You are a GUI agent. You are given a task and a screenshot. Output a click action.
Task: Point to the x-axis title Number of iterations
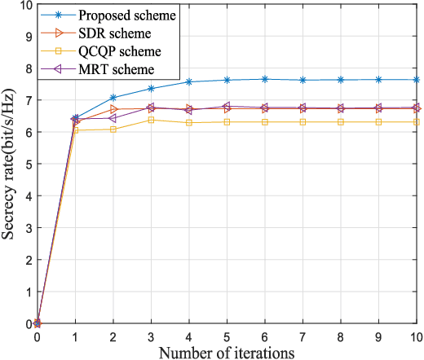click(x=227, y=352)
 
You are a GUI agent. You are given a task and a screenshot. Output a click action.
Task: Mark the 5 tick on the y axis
click(x=29, y=164)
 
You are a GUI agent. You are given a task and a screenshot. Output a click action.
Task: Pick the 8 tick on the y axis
click(x=29, y=68)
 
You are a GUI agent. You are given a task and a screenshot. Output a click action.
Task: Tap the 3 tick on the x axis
click(x=152, y=336)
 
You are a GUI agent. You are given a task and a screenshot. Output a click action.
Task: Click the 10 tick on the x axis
click(x=416, y=336)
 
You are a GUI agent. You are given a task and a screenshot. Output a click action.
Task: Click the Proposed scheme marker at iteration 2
click(x=113, y=98)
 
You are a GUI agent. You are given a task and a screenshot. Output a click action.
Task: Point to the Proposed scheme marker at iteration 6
click(x=265, y=79)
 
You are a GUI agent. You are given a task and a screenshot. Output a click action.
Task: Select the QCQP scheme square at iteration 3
click(x=152, y=120)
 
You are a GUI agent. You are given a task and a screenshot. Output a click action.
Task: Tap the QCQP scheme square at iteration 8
click(x=341, y=121)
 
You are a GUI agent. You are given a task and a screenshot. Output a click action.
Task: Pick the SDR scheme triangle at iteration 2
click(x=113, y=109)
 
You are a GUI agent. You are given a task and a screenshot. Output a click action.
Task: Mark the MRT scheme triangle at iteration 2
click(x=113, y=118)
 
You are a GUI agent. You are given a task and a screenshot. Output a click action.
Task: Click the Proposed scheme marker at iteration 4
click(x=189, y=82)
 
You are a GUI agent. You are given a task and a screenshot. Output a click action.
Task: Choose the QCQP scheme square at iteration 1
click(x=76, y=130)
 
